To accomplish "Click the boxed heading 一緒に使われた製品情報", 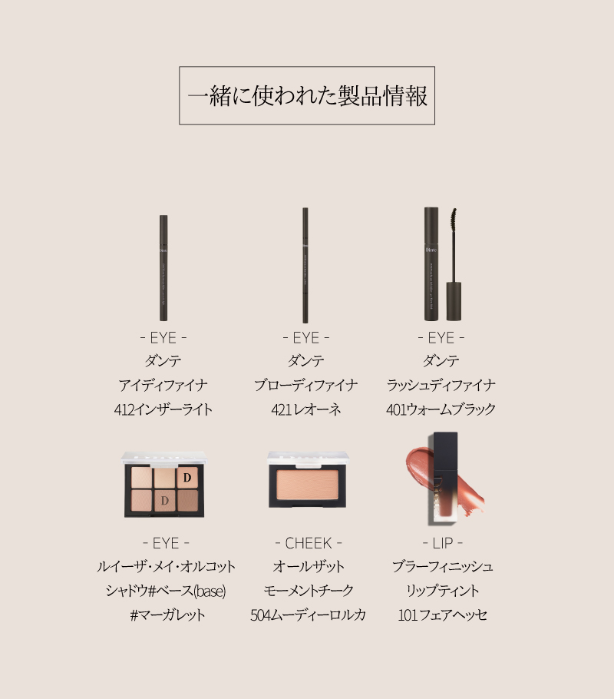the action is (x=307, y=95).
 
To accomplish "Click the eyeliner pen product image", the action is (x=163, y=267).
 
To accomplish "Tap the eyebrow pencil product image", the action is (x=305, y=265).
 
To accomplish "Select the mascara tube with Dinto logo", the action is (x=431, y=263).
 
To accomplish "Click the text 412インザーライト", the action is (x=163, y=409).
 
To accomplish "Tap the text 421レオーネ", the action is (x=306, y=409).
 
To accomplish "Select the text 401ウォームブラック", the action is (x=441, y=409).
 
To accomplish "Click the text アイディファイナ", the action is (x=163, y=385).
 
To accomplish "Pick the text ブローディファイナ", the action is (x=306, y=385).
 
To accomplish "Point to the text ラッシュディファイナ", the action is (x=441, y=385).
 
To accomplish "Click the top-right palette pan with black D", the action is (x=187, y=478).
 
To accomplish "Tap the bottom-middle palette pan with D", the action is (x=164, y=501).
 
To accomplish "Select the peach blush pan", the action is (x=308, y=485).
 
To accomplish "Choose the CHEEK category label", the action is (x=309, y=543).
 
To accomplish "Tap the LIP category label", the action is (x=442, y=543).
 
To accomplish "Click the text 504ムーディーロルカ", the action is (x=309, y=615).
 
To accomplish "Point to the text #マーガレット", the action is (x=167, y=615).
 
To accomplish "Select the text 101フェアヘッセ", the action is (x=442, y=615).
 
